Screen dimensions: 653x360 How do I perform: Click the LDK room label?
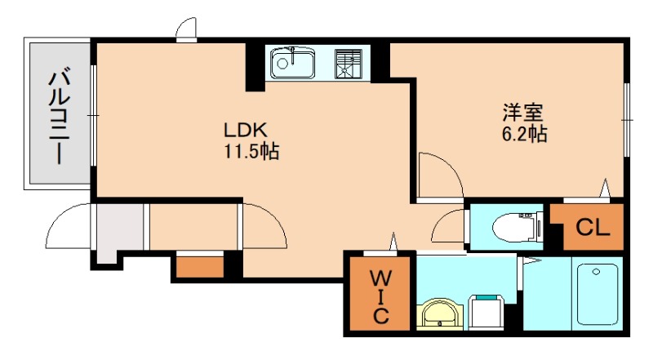[246, 131]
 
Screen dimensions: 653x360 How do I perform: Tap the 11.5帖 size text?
[252, 151]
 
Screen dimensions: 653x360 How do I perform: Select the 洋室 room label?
[523, 113]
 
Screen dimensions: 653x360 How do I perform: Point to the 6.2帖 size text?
[524, 134]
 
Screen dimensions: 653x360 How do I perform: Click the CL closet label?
[593, 228]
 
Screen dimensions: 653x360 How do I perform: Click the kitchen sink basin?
[292, 63]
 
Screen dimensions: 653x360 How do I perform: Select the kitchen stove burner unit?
[349, 64]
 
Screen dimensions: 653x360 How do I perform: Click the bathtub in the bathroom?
[597, 294]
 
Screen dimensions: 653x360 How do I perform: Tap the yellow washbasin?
[440, 314]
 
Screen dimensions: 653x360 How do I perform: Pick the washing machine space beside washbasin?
[486, 312]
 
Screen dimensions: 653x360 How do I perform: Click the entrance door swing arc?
[58, 217]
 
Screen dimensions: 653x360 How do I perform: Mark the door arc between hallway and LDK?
[275, 216]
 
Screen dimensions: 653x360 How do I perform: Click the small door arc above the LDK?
[183, 24]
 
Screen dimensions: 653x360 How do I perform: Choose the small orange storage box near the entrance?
[200, 267]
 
